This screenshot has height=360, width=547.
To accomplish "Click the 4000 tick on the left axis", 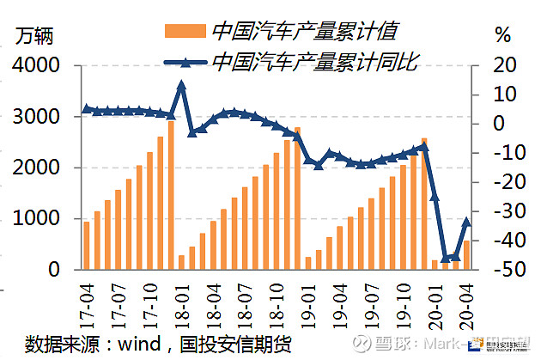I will point(37,65).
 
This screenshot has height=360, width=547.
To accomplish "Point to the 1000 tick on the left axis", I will point(37,218).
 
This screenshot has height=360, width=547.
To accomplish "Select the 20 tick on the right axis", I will point(502,65).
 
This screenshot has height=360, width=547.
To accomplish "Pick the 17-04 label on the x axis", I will point(86,302).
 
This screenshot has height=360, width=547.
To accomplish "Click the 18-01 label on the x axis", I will point(181,302).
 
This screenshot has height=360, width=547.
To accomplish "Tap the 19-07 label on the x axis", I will point(371,302).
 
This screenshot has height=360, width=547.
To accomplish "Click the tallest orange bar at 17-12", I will point(171,195).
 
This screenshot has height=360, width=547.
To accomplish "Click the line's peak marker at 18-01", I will point(181,85).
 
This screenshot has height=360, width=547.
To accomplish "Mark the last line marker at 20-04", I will point(467,221).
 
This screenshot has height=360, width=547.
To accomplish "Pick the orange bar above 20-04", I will point(467,255).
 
